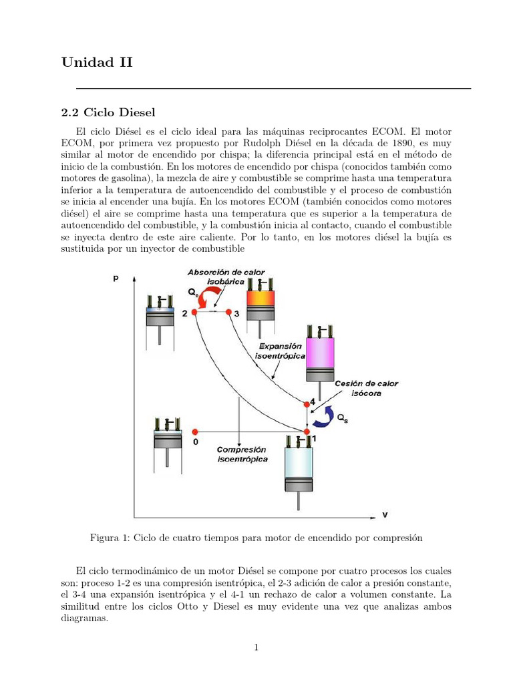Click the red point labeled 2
click(194, 313)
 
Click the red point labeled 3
click(228, 313)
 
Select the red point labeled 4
click(307, 403)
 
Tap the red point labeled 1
click(307, 432)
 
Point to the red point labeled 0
click(195, 432)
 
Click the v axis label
click(385, 515)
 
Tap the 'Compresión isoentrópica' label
click(242, 454)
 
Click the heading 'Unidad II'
click(97, 63)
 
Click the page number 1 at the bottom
click(256, 647)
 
